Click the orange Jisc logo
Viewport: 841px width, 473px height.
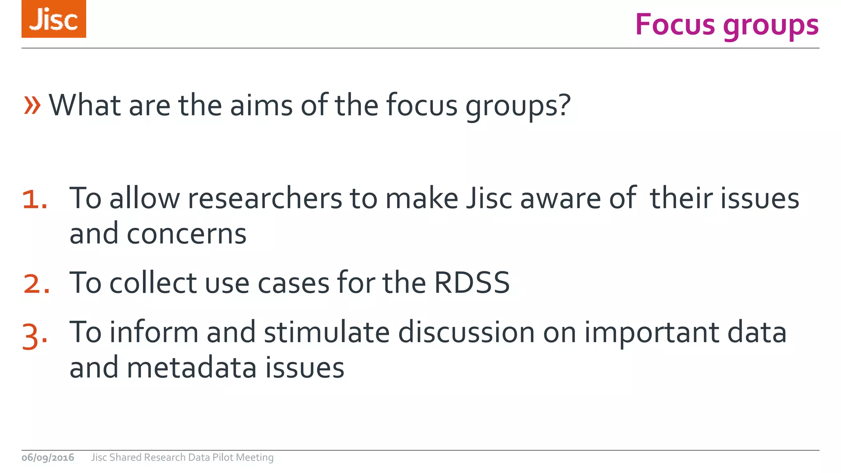[x=54, y=19]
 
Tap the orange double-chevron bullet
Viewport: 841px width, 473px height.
[x=32, y=105]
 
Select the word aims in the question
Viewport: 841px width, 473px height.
[x=261, y=105]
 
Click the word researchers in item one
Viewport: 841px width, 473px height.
[x=265, y=198]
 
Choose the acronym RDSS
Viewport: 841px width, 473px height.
[x=472, y=283]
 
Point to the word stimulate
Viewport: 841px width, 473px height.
[x=326, y=332]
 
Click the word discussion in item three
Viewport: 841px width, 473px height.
[x=466, y=332]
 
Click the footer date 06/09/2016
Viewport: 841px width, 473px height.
[x=48, y=457]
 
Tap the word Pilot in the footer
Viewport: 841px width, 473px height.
[x=223, y=457]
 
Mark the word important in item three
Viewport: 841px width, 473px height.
[x=652, y=333]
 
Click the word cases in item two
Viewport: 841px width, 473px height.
[x=293, y=283]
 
